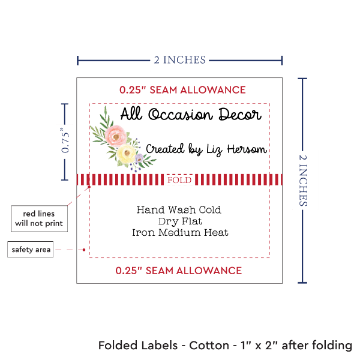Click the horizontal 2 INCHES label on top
point(179,59)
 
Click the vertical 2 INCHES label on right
point(304,179)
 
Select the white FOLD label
point(179,180)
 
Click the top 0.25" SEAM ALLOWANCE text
point(182,90)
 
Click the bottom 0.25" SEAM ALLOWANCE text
point(179,270)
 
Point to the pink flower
point(113,136)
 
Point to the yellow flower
point(127,155)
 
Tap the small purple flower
point(140,158)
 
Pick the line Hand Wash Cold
point(179,210)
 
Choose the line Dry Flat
point(179,221)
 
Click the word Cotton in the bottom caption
point(209,346)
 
